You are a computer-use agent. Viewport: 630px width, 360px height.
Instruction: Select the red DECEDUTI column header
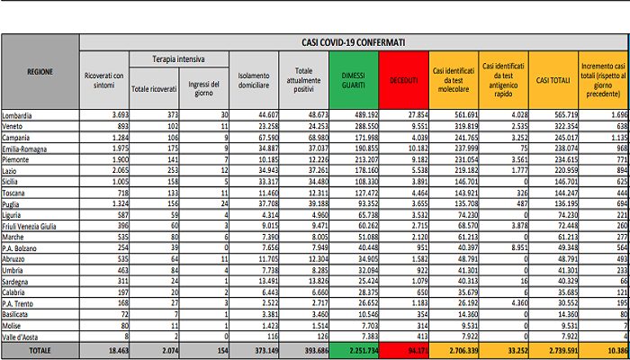click(x=403, y=81)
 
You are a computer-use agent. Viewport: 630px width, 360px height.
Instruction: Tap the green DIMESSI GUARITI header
click(x=354, y=81)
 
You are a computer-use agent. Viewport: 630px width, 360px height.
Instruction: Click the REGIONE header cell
click(x=40, y=71)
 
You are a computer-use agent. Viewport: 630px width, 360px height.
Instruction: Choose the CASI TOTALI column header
click(x=554, y=81)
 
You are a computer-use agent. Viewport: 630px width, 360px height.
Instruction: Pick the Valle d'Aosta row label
click(x=24, y=334)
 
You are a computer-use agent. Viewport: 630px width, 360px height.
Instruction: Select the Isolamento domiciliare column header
click(x=254, y=81)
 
